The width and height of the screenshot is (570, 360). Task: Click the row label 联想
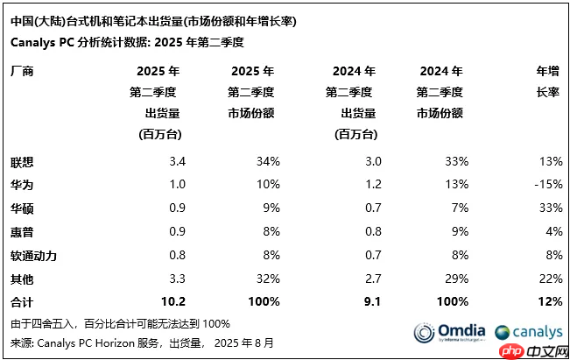click(x=23, y=162)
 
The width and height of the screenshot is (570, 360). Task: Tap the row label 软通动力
click(x=35, y=256)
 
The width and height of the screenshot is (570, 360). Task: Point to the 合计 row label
click(x=23, y=302)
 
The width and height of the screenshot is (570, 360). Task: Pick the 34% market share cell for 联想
click(x=267, y=162)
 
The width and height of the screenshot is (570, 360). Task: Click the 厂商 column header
click(x=23, y=72)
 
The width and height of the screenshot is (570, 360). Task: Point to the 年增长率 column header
click(x=547, y=81)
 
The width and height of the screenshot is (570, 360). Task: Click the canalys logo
click(x=526, y=333)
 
